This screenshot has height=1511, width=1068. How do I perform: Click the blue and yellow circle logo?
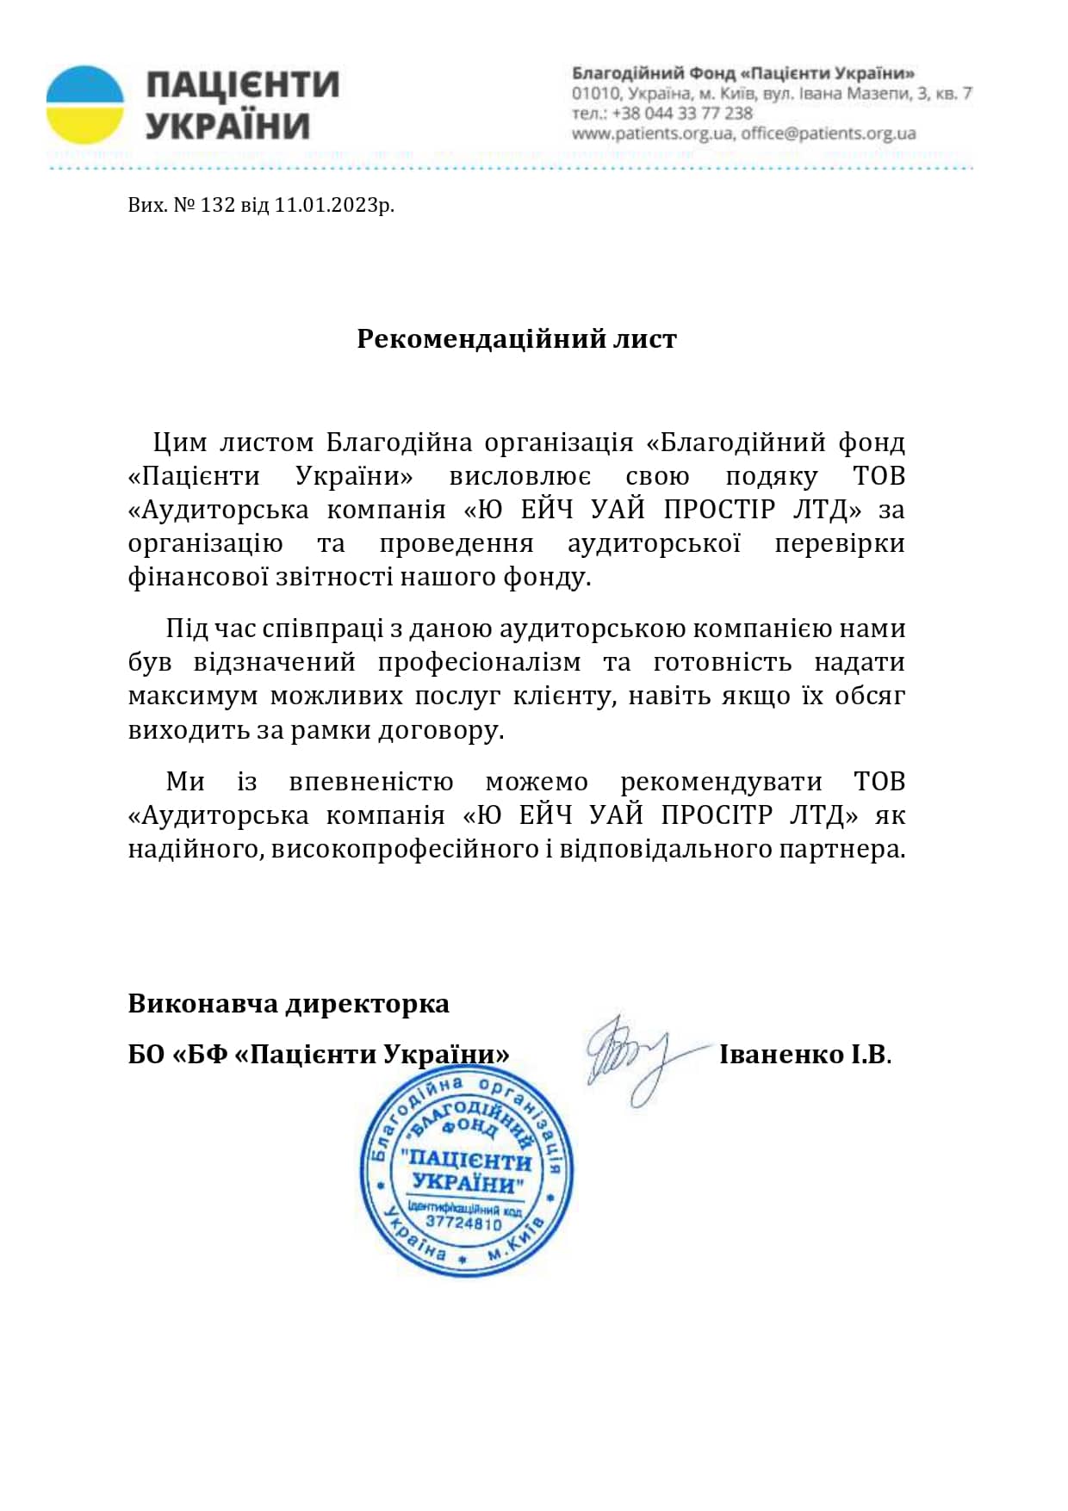tap(85, 104)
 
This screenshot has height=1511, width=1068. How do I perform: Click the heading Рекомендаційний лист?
tap(517, 339)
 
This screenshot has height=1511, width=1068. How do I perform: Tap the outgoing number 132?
tap(217, 205)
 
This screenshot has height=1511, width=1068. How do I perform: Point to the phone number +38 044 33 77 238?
tap(682, 114)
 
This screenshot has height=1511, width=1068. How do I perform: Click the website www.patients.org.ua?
tap(652, 133)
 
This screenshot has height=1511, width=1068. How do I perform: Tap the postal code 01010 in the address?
tap(595, 93)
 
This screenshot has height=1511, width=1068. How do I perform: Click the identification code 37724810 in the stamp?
tap(463, 1223)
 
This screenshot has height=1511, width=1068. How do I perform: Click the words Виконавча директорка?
tap(289, 1004)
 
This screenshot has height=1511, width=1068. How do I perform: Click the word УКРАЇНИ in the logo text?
tap(227, 127)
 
